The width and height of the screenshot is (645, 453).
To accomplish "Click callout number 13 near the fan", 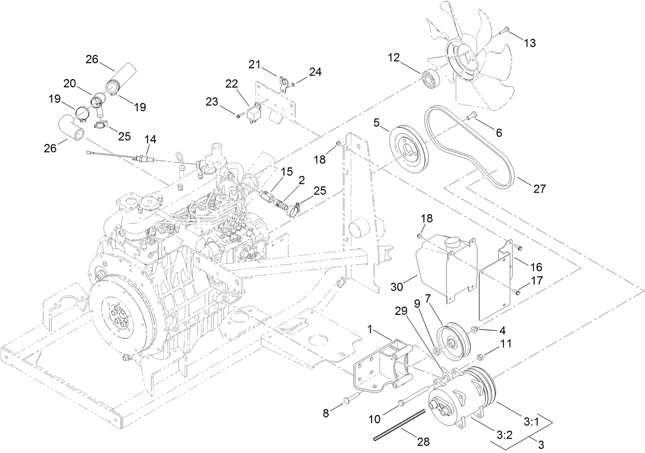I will click(x=529, y=43).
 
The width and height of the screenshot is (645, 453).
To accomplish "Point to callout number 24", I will click(x=315, y=72).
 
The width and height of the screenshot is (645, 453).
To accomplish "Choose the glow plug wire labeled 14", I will click(x=118, y=156).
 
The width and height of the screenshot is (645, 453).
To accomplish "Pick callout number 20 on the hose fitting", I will click(x=70, y=83).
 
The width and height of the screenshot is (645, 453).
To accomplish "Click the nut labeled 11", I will click(x=481, y=357).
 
